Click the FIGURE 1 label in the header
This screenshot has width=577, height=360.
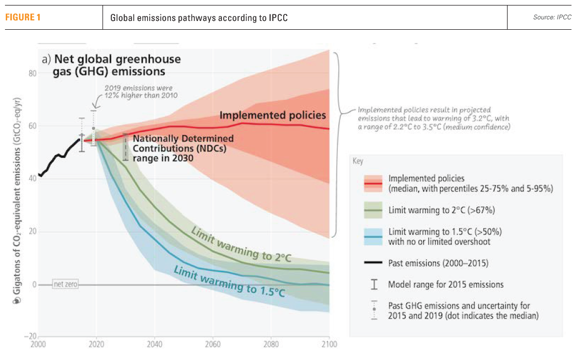[23, 18]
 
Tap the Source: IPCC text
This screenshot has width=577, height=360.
[552, 18]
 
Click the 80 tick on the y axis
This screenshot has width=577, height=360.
[32, 73]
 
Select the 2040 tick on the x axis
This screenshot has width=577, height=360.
[155, 345]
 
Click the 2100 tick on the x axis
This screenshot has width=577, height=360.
[328, 345]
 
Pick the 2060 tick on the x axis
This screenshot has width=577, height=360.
[213, 345]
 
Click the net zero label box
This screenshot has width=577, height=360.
[65, 284]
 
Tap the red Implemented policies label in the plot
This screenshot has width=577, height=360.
[273, 116]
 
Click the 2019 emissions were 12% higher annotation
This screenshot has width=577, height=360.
[141, 92]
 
